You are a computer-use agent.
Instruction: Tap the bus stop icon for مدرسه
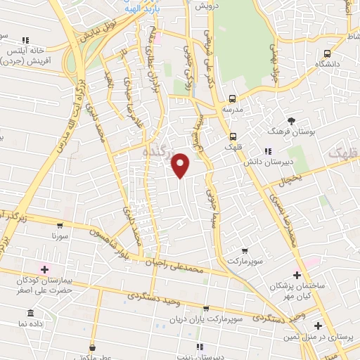[233, 99]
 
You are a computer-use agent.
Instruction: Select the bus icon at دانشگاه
[327, 53]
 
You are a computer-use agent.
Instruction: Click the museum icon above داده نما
[30, 313]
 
